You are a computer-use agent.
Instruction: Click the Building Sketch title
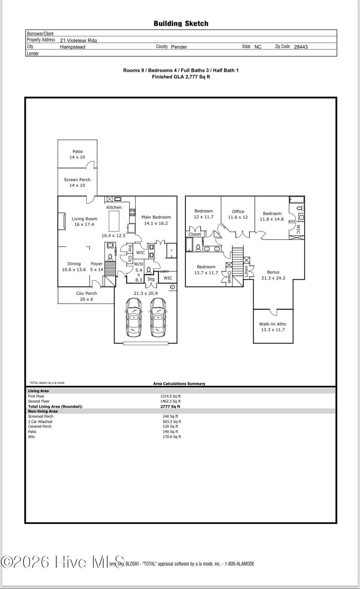pyautogui.click(x=181, y=24)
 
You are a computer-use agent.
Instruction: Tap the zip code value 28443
pyautogui.click(x=301, y=47)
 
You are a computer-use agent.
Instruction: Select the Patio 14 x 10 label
pyautogui.click(x=77, y=154)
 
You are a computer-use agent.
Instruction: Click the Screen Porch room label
pyautogui.click(x=77, y=182)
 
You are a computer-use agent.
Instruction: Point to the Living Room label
pyautogui.click(x=84, y=221)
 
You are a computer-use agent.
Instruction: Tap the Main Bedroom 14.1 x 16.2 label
pyautogui.click(x=156, y=220)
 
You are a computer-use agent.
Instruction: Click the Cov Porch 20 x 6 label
pyautogui.click(x=86, y=296)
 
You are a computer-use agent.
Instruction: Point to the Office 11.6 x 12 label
pyautogui.click(x=238, y=214)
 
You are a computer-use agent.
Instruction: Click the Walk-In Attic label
pyautogui.click(x=273, y=327)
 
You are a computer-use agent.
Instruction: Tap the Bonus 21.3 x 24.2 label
pyautogui.click(x=273, y=275)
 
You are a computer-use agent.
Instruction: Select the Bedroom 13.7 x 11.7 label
pyautogui.click(x=206, y=270)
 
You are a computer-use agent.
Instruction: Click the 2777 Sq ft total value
pyautogui.click(x=170, y=406)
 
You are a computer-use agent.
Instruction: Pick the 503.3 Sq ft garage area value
pyautogui.click(x=172, y=421)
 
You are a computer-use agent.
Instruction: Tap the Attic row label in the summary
pyautogui.click(x=32, y=436)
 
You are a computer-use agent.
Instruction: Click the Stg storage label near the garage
pyautogui.click(x=151, y=279)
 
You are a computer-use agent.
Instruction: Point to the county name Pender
pyautogui.click(x=179, y=47)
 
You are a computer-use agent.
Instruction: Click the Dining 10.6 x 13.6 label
pyautogui.click(x=74, y=266)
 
